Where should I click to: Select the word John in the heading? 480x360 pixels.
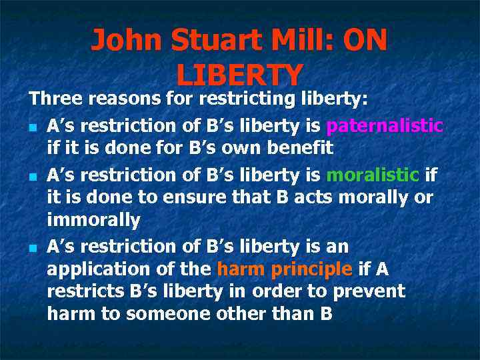tap(127, 41)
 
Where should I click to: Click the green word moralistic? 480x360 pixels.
tap(372, 175)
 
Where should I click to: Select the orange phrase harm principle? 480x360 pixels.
tap(285, 269)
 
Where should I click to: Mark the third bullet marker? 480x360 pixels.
tap(33, 247)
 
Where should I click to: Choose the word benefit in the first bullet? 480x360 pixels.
tap(295, 148)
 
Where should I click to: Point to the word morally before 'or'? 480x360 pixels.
tap(377, 198)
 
